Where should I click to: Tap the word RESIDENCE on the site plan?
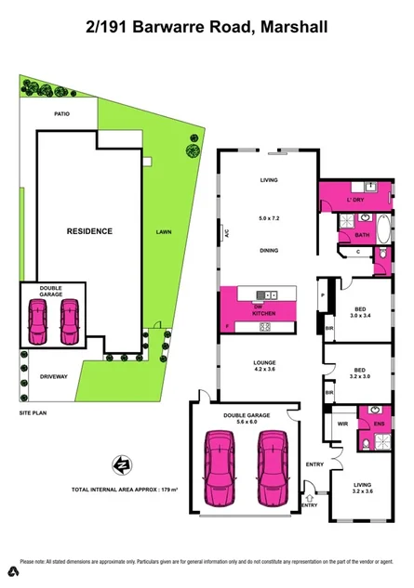pyautogui.click(x=89, y=231)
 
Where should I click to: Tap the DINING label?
pyautogui.click(x=269, y=250)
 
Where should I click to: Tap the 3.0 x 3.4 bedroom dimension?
pyautogui.click(x=357, y=316)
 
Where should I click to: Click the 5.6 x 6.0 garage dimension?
pyautogui.click(x=247, y=419)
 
